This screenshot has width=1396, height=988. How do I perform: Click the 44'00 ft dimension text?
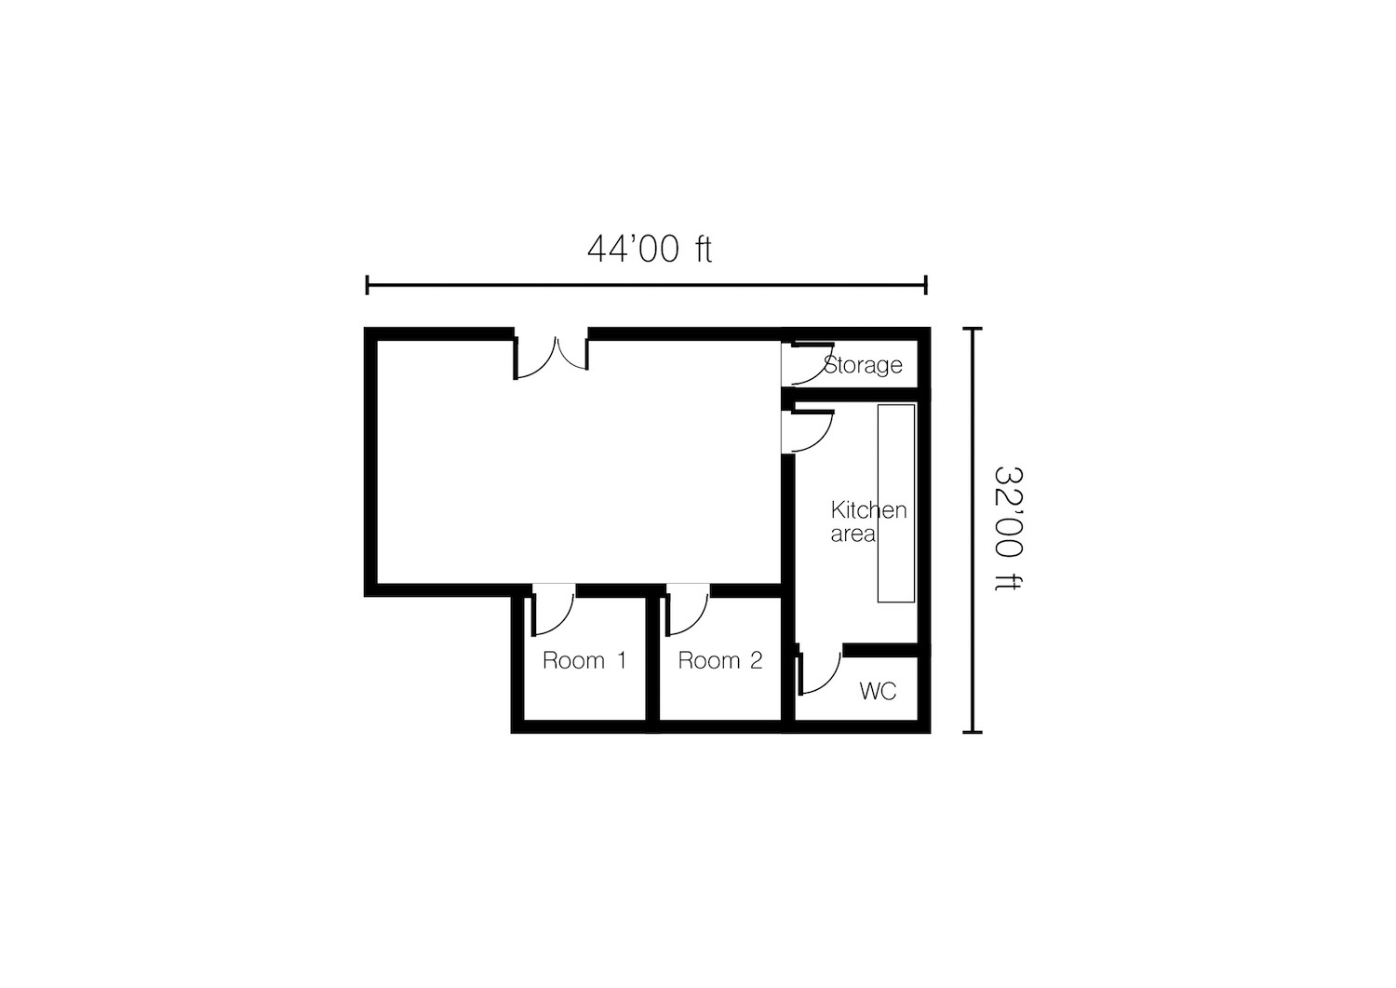(649, 250)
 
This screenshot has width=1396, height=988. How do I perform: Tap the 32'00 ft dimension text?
(1008, 528)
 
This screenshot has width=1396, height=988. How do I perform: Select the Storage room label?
(863, 364)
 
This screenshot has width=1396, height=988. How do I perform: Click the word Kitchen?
(868, 510)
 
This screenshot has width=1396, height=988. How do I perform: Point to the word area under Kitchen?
(852, 535)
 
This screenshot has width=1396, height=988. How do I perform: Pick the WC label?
(878, 691)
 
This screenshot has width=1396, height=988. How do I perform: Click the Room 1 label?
(584, 660)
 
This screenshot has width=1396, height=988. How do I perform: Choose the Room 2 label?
(719, 660)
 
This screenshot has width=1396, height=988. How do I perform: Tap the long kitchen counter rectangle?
(896, 504)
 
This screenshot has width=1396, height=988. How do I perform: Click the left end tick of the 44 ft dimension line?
(367, 285)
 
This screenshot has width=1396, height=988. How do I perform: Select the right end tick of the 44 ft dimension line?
(926, 285)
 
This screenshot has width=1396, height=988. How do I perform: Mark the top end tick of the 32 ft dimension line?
(973, 328)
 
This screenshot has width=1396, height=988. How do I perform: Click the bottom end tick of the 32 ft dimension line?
(973, 732)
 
